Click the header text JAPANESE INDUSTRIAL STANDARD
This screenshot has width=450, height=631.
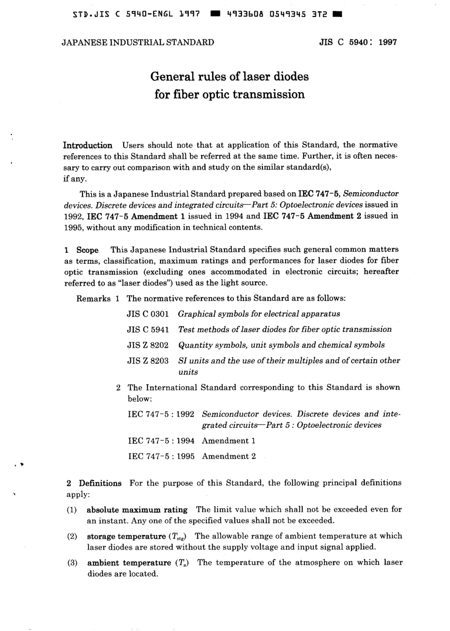click(x=138, y=42)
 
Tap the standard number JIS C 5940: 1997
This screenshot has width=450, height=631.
click(x=358, y=42)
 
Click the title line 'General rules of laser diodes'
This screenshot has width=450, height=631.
click(x=229, y=76)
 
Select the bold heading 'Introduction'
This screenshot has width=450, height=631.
click(x=88, y=145)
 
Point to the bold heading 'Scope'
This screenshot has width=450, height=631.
click(x=87, y=250)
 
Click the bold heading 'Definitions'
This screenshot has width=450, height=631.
click(x=100, y=483)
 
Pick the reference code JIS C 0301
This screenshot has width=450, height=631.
click(x=148, y=314)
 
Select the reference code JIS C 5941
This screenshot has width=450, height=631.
click(x=148, y=329)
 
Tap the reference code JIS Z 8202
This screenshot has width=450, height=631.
click(x=148, y=345)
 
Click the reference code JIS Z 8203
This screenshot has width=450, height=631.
click(x=148, y=361)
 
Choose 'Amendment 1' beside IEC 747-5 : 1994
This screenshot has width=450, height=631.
click(x=228, y=441)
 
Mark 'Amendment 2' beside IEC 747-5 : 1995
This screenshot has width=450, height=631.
click(x=228, y=456)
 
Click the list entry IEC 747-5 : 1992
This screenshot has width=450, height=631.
click(x=161, y=414)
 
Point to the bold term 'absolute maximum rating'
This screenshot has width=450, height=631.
click(x=137, y=510)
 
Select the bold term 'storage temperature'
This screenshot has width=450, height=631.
click(x=126, y=536)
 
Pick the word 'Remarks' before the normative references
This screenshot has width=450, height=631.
click(x=93, y=299)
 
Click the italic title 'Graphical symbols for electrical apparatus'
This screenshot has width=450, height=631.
click(x=259, y=314)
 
